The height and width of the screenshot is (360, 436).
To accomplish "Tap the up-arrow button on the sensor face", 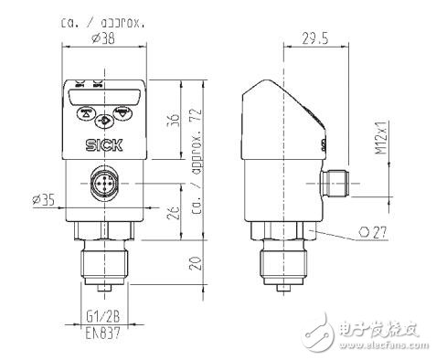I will click(87, 115).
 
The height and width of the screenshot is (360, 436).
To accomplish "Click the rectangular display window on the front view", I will click(102, 93).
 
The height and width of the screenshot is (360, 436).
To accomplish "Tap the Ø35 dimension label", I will click(43, 197).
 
